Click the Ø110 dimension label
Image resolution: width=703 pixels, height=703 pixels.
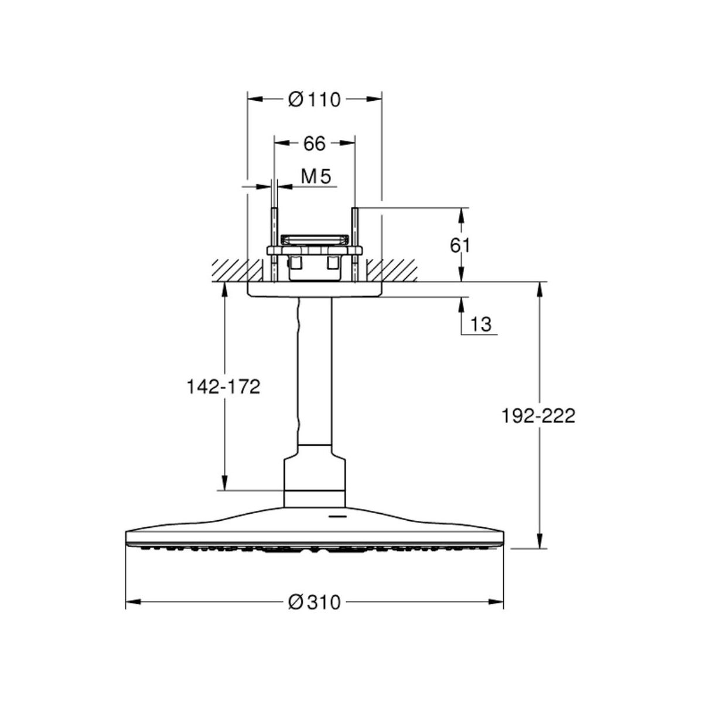[x=314, y=100]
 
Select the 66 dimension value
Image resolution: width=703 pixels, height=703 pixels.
[x=314, y=144]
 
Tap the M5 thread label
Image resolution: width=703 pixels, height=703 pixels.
[x=316, y=177]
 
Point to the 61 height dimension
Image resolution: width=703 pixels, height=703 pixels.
[x=460, y=245]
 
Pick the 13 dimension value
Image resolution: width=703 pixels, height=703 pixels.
[x=481, y=324]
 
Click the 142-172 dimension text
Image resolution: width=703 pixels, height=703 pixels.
[x=224, y=387]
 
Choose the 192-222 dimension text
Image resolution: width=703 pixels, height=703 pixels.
[x=538, y=417]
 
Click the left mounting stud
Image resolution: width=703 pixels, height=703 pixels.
[x=274, y=245]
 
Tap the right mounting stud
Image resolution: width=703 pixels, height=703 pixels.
[x=354, y=245]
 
